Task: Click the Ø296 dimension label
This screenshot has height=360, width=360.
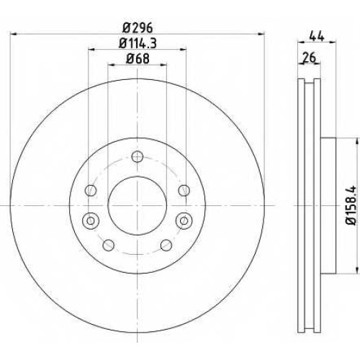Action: [x=138, y=28]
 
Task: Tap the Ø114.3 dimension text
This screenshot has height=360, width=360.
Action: [x=138, y=43]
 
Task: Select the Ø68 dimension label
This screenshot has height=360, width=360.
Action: [x=138, y=58]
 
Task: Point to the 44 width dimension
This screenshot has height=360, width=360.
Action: [x=317, y=36]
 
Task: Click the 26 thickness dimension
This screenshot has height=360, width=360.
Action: [x=309, y=58]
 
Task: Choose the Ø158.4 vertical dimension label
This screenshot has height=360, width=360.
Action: [x=351, y=205]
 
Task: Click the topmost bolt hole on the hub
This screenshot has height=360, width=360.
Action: [x=138, y=157]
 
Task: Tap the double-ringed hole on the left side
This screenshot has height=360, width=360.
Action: [x=91, y=220]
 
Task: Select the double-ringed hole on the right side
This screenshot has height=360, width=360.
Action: [x=184, y=220]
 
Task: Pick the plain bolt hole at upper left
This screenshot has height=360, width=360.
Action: [x=91, y=191]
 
